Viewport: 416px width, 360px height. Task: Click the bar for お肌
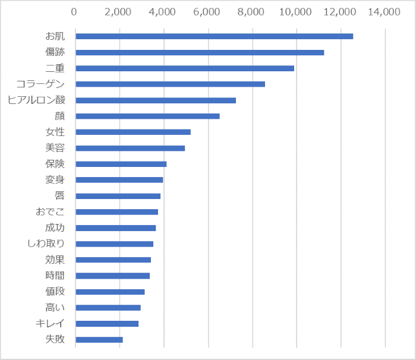point(214,36)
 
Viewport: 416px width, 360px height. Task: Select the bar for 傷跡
point(200,52)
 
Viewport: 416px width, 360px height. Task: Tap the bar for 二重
point(185,68)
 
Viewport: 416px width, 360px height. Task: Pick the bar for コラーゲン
point(170,84)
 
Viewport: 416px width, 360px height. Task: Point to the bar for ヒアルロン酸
point(156,100)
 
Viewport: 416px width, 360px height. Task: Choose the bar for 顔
point(147,116)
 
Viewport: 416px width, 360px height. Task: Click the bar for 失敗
point(99,340)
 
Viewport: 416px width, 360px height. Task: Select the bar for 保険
point(121,164)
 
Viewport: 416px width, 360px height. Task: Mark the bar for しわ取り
point(114,244)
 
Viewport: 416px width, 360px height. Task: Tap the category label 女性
point(55,132)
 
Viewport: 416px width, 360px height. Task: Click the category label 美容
point(55,148)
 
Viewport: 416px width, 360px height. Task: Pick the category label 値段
point(55,292)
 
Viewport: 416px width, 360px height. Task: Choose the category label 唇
point(59,195)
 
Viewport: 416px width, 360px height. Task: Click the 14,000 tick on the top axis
point(385,11)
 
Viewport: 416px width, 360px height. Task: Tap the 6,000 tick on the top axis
point(207,11)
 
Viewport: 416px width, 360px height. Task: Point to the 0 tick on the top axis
point(75,11)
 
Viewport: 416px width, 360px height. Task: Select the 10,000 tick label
point(296,11)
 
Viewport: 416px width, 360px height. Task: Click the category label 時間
point(55,276)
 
